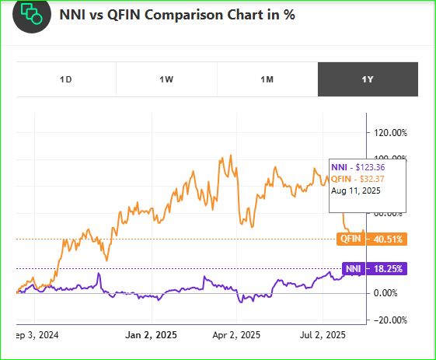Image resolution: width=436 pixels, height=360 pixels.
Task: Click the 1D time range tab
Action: coord(66,79)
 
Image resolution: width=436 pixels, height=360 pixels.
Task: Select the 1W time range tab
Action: coord(166,79)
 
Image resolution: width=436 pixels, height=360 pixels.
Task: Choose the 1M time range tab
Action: coord(267,79)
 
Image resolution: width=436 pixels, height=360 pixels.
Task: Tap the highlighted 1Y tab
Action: coord(368,79)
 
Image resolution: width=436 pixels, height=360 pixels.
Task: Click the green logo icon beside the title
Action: coord(32,14)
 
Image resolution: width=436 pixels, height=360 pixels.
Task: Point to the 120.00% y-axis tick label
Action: coord(392,132)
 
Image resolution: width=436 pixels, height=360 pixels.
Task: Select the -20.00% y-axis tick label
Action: coord(392,320)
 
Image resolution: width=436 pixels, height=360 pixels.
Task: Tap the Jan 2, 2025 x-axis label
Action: coord(152,337)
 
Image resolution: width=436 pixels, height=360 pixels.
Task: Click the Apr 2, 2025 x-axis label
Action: coord(235,337)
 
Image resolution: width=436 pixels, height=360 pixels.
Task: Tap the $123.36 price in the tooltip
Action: coord(374,168)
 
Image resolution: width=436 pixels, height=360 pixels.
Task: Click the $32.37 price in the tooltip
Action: coord(376,178)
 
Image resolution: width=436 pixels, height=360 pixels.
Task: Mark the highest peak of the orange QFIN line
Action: coord(223,156)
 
